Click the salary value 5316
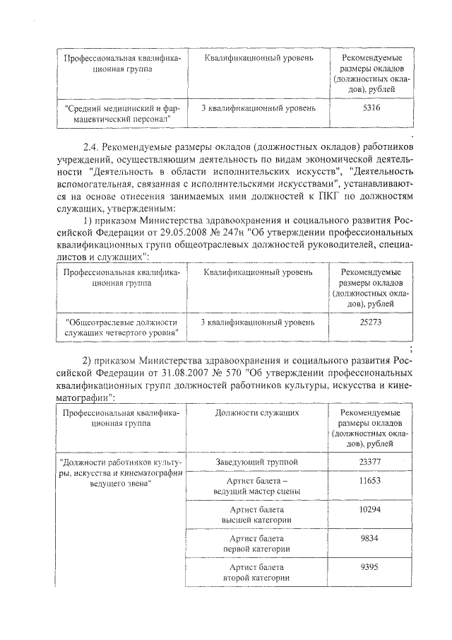(370, 108)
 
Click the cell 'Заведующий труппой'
(257, 462)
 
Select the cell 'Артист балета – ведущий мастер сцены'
(257, 485)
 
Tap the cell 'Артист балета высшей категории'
(257, 514)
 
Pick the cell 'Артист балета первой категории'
(257, 543)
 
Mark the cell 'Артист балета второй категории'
(257, 572)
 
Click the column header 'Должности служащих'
(257, 412)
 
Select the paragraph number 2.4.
(93, 147)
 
